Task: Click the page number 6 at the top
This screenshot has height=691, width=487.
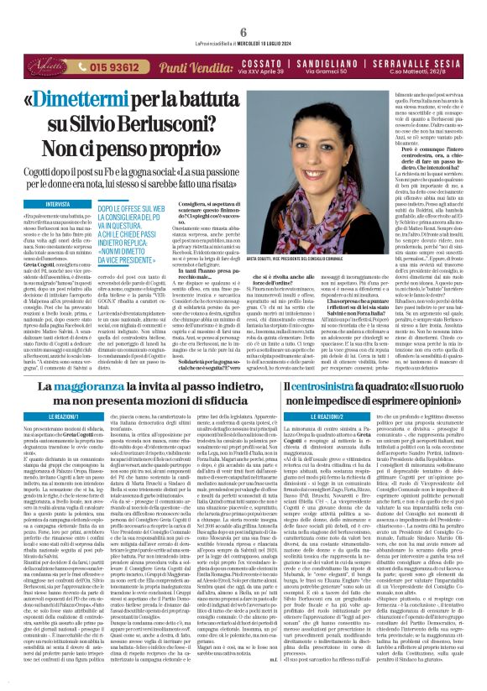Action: tap(243, 8)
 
